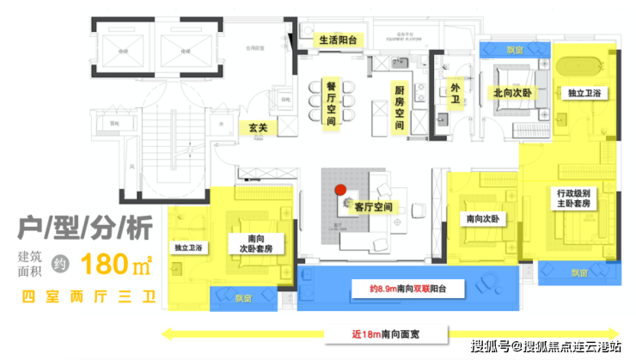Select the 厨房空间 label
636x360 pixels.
(400, 107)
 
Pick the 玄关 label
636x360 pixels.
(259, 128)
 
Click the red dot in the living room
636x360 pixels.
(340, 189)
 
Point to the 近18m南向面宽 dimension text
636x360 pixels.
(394, 333)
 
